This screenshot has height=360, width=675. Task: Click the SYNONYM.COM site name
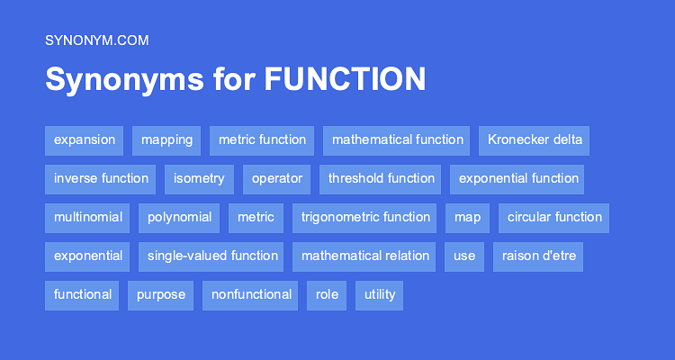tap(96, 40)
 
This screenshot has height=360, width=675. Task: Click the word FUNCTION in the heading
tap(345, 80)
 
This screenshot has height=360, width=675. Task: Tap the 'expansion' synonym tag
tap(85, 140)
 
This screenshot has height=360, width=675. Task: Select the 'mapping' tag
tap(166, 140)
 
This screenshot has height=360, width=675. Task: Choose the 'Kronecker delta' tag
tap(535, 140)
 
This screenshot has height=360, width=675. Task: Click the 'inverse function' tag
tap(101, 179)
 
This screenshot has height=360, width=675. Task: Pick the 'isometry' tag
tap(199, 179)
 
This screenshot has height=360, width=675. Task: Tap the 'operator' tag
tap(277, 179)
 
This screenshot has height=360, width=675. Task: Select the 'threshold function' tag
tap(381, 179)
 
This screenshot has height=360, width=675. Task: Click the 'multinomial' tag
tap(87, 218)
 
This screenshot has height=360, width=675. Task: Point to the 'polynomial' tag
tap(180, 218)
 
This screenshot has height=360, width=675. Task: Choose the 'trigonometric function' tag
tap(365, 218)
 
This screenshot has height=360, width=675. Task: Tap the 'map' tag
tap(467, 218)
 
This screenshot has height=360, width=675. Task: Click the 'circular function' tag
tap(554, 218)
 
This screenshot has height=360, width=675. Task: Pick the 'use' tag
tap(464, 256)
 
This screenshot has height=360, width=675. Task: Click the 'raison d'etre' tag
tap(538, 256)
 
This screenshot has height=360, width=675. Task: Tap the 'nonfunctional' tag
tap(252, 295)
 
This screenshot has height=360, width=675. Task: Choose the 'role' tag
tap(327, 295)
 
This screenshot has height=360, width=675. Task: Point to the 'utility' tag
tap(380, 295)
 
